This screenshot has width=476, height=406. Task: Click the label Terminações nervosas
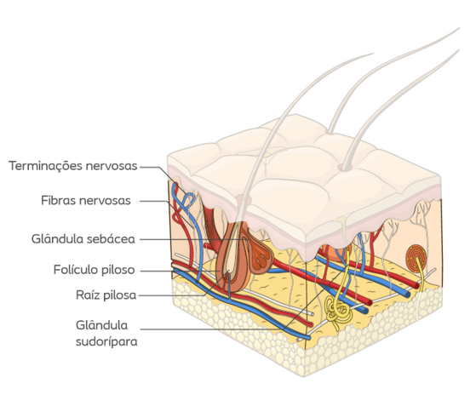(73, 166)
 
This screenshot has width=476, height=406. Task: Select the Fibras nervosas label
(86, 201)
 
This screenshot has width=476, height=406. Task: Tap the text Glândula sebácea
(83, 239)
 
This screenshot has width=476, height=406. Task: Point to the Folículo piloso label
(95, 270)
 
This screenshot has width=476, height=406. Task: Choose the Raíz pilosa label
(106, 295)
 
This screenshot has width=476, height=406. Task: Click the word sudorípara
(106, 341)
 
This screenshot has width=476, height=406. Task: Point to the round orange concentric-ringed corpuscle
(416, 257)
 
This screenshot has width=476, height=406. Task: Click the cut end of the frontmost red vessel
(310, 323)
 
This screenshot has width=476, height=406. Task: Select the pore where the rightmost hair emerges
(344, 167)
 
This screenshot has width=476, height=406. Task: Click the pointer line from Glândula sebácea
(192, 239)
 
